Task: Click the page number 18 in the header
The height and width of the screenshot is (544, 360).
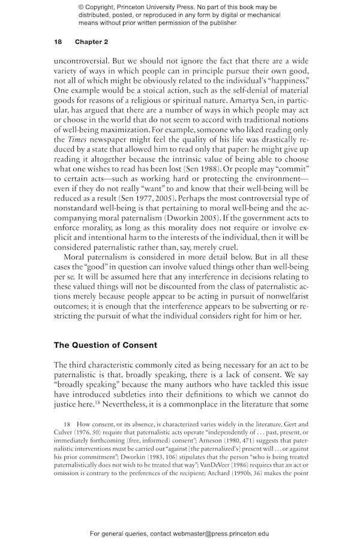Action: [x=58, y=41]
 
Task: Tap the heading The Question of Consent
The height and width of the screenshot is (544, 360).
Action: [x=106, y=345]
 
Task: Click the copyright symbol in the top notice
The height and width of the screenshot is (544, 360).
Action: [x=82, y=7]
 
